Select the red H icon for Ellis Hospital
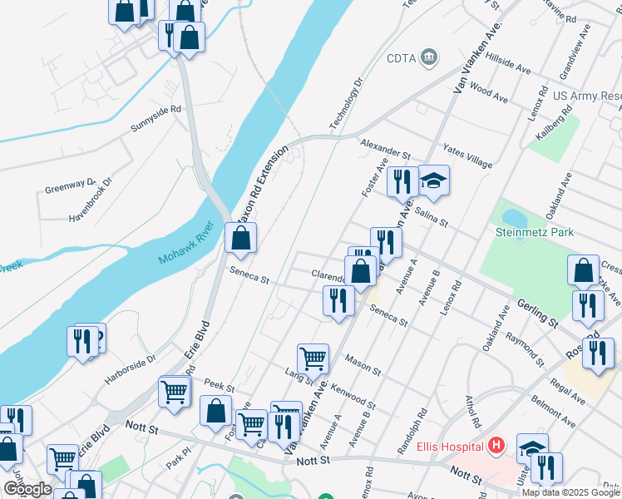[496, 446]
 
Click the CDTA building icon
[429, 57]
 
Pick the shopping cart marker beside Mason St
[313, 358]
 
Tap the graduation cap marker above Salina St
[433, 180]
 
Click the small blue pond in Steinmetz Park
[514, 218]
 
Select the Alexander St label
[386, 150]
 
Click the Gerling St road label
[536, 310]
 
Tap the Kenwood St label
[353, 398]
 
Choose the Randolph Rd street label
[412, 432]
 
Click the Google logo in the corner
[27, 489]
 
